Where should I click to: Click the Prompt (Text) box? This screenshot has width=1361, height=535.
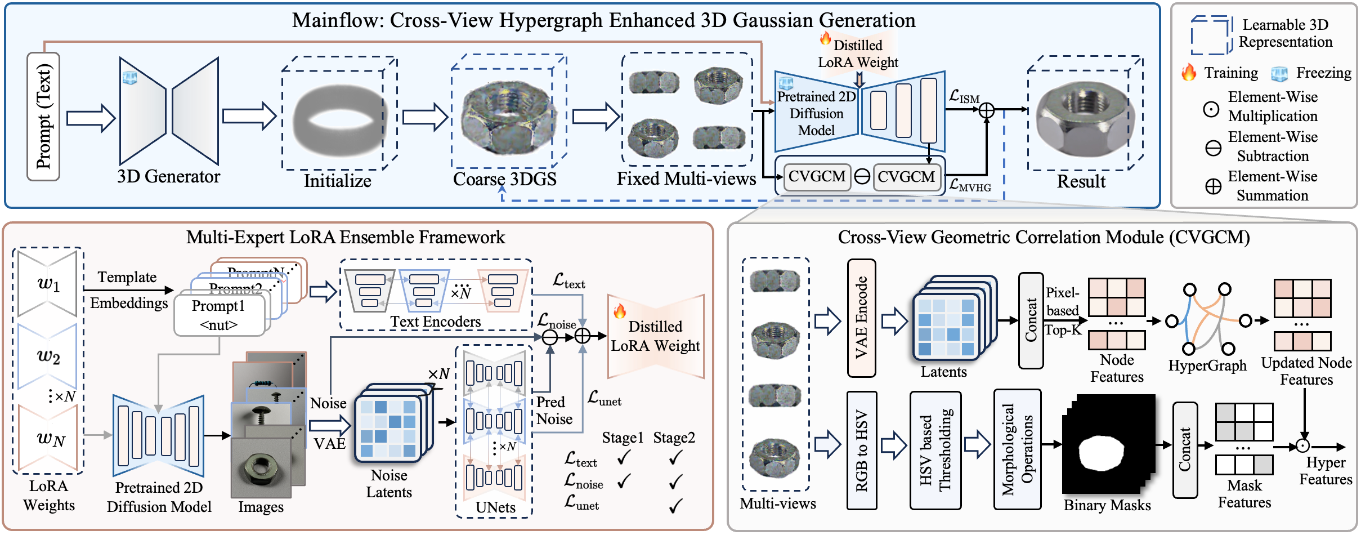coord(43,117)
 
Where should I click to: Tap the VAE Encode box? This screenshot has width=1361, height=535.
coord(861,318)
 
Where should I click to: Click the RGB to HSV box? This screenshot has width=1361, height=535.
coord(861,451)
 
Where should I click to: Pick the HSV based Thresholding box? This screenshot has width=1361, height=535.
coord(935,451)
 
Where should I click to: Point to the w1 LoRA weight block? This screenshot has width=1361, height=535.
coord(48,284)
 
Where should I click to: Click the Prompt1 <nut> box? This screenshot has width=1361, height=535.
coord(220,315)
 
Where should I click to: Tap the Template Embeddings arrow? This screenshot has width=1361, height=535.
coord(129,290)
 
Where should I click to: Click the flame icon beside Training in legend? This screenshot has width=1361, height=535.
coord(1189,73)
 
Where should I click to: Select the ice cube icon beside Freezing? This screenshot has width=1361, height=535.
coord(1279,73)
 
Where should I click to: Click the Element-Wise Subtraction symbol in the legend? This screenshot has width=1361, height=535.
coord(1213,148)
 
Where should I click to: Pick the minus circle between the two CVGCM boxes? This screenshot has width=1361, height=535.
coord(862,177)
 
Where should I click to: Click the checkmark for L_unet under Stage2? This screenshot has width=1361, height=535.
coord(675,505)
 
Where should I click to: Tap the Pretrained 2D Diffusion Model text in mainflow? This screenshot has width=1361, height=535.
coord(816,114)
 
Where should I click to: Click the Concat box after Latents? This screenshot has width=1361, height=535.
coord(1031,320)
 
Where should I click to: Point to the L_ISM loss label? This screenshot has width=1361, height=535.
coord(964,97)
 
